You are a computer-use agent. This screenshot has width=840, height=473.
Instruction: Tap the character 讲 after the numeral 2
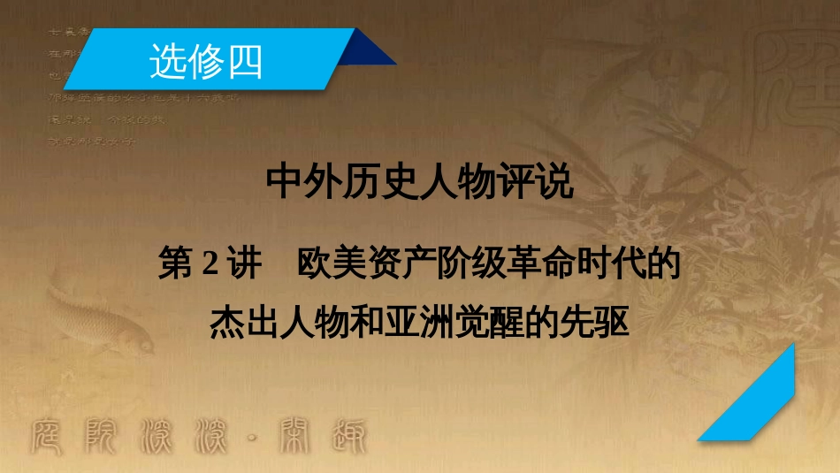tap(241, 264)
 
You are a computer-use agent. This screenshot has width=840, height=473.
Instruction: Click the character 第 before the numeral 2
tap(177, 264)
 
